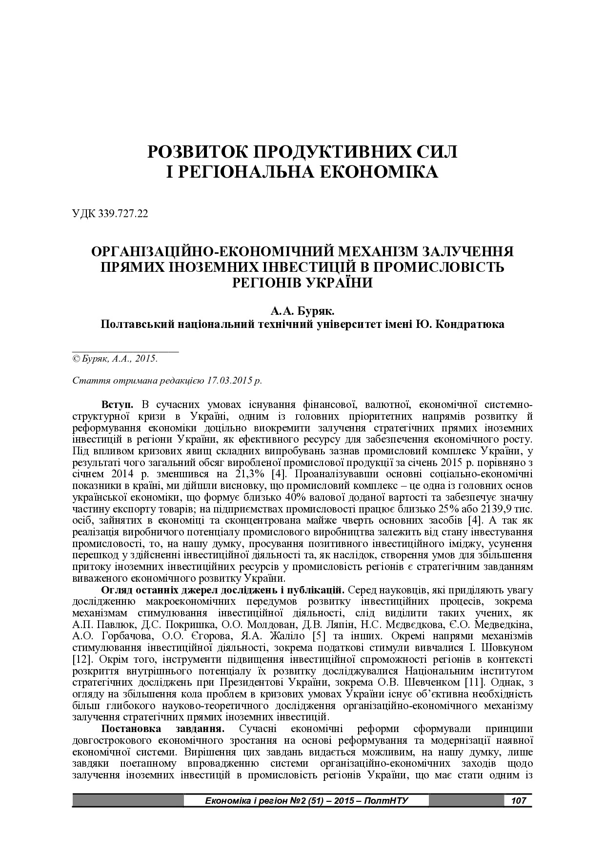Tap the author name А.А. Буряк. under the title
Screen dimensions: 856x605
coord(302,311)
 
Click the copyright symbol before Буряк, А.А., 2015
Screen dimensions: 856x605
coord(76,359)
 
